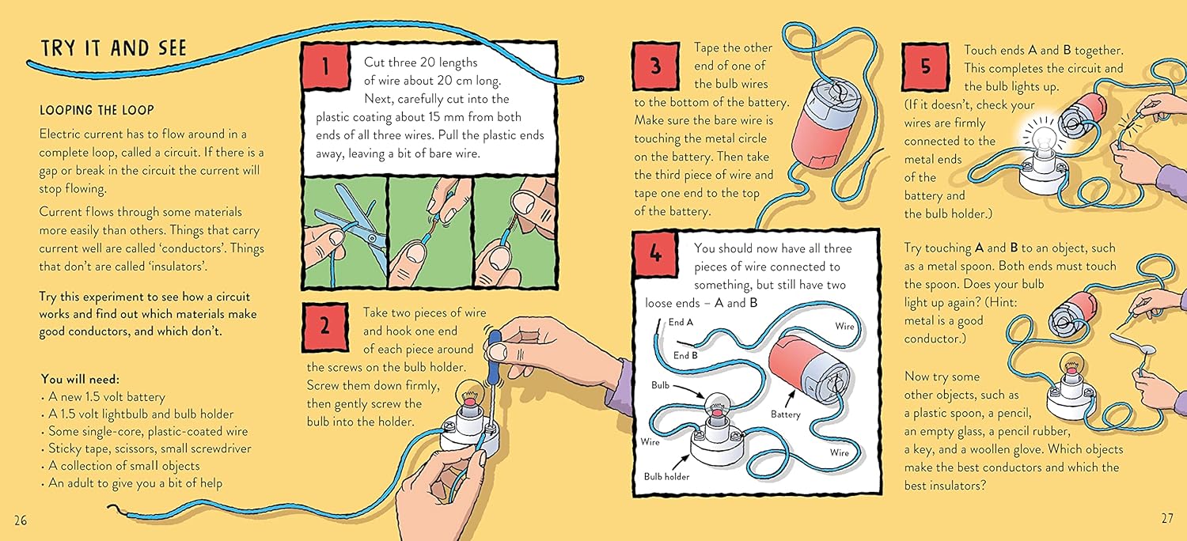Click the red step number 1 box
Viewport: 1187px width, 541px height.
click(326, 66)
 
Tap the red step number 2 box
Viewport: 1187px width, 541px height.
click(325, 327)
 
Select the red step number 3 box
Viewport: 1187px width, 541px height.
click(655, 66)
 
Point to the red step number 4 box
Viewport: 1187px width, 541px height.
click(655, 254)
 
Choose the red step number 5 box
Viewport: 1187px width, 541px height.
click(925, 66)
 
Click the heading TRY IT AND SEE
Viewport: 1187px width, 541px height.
click(114, 48)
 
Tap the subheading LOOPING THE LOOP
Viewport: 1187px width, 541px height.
click(97, 110)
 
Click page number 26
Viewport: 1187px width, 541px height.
click(21, 520)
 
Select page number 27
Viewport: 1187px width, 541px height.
click(1167, 518)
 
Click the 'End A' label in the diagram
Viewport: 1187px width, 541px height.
click(681, 322)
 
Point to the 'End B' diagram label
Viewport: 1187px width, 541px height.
click(685, 355)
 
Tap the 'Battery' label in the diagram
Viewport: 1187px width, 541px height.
click(785, 414)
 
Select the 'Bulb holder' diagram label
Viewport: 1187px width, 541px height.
click(666, 476)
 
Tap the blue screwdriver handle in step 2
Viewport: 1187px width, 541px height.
click(495, 357)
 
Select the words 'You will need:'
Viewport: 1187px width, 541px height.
click(80, 379)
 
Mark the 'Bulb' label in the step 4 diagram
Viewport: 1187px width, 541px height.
click(660, 385)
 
